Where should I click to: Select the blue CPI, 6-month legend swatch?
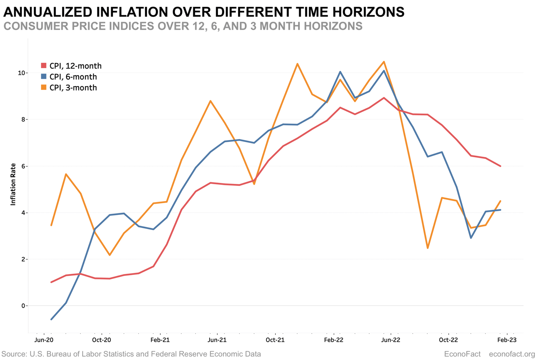click(44, 77)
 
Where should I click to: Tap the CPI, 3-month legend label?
click(73, 88)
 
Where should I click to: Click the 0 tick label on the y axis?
click(23, 306)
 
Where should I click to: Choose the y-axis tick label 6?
click(23, 166)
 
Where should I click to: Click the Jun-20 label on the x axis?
click(44, 340)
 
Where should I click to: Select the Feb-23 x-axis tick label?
click(507, 340)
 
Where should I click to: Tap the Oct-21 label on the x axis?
click(275, 340)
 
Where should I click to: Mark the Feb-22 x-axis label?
click(333, 340)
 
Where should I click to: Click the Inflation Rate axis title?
click(13, 184)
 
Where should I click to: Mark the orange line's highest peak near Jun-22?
click(384, 62)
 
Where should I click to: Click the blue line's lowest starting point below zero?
click(51, 319)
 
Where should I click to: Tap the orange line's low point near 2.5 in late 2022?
click(428, 248)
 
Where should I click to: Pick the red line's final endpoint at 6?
click(500, 166)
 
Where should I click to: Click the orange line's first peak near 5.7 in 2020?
click(66, 174)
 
